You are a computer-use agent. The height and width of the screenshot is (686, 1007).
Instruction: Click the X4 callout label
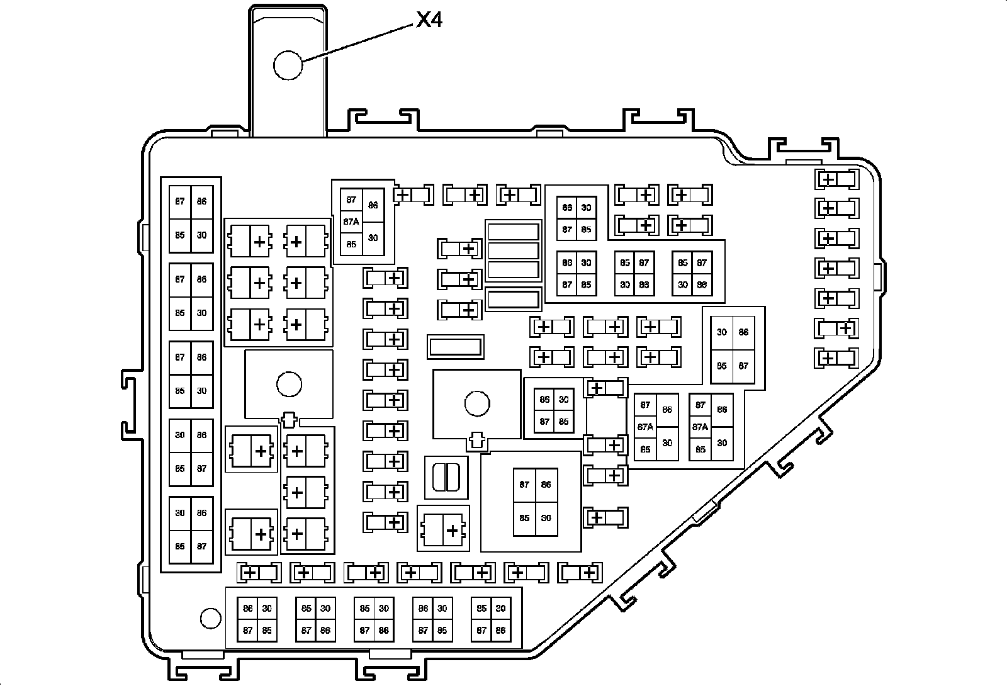pos(429,21)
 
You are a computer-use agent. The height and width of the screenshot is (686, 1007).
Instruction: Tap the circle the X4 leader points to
pos(288,65)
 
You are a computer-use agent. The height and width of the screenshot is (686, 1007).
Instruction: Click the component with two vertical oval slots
pos(446,477)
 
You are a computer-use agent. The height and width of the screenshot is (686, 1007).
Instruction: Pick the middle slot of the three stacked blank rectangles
pos(514,250)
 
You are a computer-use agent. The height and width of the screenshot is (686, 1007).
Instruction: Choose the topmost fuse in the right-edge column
pos(837,179)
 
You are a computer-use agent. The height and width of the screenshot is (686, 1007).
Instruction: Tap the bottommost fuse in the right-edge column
pos(837,358)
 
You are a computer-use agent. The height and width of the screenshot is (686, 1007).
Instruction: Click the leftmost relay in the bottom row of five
pos(257,619)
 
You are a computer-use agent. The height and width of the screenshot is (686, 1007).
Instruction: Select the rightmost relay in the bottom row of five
pos(491,619)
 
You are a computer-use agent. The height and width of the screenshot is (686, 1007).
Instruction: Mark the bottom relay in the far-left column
pos(191,530)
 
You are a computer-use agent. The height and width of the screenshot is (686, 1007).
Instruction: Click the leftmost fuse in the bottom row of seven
pos(259,573)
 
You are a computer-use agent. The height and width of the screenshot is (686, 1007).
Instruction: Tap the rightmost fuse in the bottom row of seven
pos(580,573)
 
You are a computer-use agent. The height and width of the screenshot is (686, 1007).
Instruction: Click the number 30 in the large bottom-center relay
pos(546,518)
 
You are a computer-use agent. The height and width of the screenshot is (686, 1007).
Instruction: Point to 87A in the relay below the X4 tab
pos(351,222)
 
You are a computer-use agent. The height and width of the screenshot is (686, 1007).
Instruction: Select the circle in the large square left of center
pos(289,384)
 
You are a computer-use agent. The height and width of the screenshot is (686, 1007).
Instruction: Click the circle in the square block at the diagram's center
pos(477,403)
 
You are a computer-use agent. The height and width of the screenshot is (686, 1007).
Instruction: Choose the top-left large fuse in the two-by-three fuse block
pos(250,242)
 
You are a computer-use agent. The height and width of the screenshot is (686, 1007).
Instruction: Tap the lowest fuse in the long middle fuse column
pos(385,522)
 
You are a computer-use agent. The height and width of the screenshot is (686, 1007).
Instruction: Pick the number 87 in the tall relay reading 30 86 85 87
pos(743,366)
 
